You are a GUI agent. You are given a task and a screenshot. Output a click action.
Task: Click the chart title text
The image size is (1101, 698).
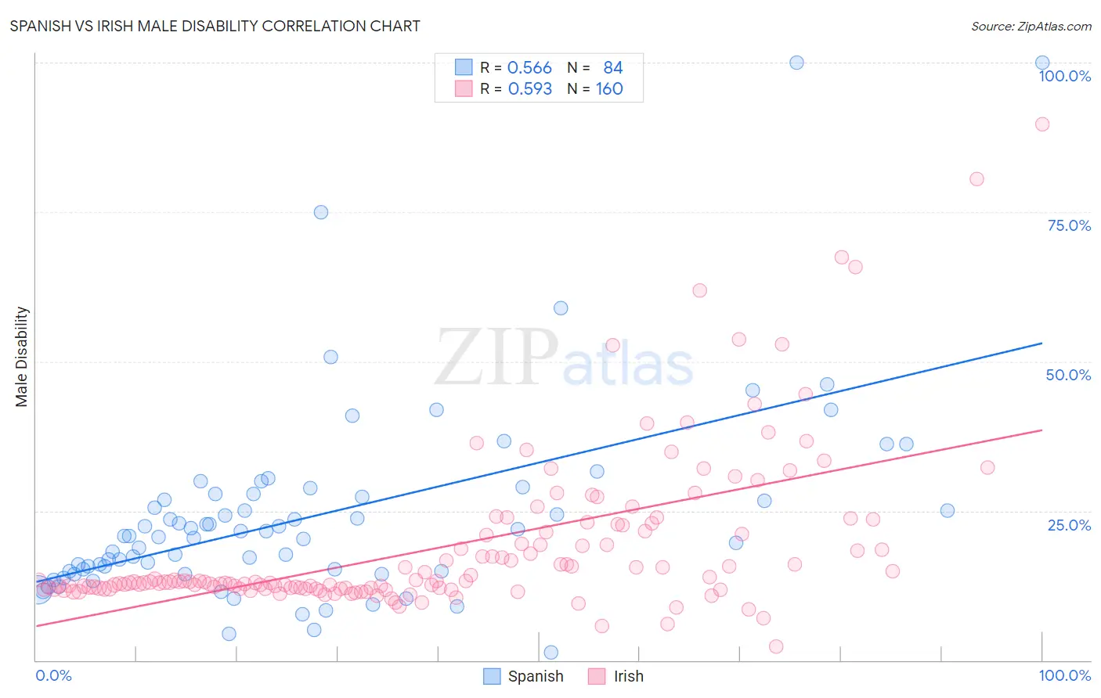215,26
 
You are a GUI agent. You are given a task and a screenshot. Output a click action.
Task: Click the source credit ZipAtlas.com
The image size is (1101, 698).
1031,26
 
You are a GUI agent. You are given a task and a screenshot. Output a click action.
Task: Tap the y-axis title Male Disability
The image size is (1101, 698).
21,356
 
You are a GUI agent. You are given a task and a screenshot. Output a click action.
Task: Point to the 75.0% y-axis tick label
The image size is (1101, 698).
1069,225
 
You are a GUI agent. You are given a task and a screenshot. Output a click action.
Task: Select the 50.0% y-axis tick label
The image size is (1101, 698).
1068,375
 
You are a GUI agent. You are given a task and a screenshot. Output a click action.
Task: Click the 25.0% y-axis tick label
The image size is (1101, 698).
1069,525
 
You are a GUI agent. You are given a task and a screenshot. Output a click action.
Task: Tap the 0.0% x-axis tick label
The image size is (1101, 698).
53,675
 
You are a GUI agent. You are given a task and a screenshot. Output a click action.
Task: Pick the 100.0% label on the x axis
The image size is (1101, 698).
1064,675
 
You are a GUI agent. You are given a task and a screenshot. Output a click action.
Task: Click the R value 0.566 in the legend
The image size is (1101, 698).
529,68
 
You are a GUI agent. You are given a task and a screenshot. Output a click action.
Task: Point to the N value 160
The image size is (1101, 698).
609,89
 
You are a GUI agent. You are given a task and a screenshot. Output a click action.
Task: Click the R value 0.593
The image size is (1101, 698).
530,89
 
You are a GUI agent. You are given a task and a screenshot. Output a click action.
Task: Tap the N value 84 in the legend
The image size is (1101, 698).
612,68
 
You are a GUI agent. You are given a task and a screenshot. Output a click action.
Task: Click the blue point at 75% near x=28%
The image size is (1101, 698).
321,212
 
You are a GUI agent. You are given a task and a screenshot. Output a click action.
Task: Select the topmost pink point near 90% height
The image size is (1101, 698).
1042,124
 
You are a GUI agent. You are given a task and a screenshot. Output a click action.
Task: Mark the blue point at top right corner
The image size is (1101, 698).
1042,63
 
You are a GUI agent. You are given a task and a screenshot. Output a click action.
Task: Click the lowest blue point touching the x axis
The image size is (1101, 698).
551,653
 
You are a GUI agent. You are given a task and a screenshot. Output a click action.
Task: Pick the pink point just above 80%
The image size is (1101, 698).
976,179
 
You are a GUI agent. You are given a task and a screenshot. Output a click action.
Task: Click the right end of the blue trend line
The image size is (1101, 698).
1042,343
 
